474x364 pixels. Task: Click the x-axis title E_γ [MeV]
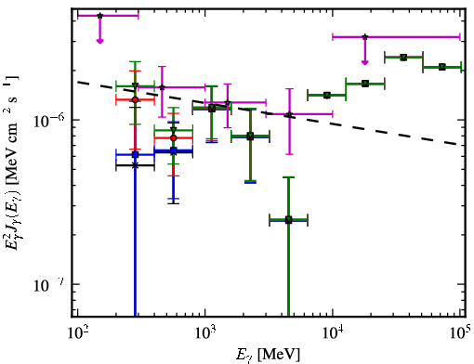click(268, 355)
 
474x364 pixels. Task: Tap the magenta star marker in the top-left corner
click(99, 16)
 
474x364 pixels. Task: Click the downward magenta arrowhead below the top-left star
click(99, 41)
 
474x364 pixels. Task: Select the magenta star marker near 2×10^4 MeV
click(365, 37)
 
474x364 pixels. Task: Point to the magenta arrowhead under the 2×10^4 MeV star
click(365, 62)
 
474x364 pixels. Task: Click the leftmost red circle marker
click(135, 99)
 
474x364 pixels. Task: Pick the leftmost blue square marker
click(135, 154)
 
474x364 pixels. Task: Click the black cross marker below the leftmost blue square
click(135, 165)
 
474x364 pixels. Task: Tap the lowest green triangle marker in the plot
click(288, 220)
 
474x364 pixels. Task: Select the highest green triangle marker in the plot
click(403, 58)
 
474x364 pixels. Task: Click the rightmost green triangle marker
click(442, 67)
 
